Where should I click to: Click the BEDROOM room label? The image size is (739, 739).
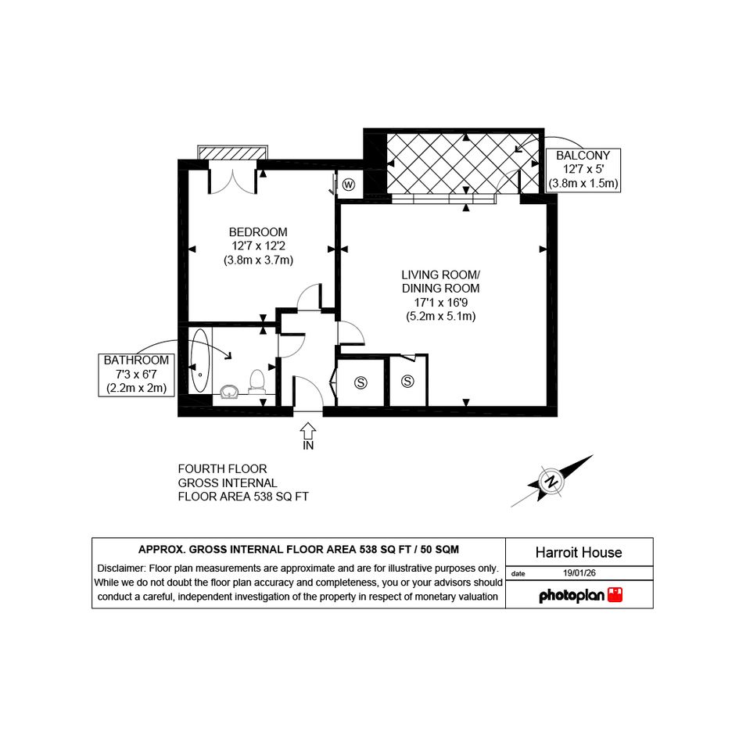[x=258, y=232]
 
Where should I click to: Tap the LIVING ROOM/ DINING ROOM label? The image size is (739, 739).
[x=441, y=282]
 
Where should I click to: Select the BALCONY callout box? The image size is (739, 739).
[x=583, y=170]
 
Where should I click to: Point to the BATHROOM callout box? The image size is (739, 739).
[x=136, y=375]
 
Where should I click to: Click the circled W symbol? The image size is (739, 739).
[x=349, y=185]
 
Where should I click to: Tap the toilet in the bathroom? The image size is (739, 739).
[x=256, y=382]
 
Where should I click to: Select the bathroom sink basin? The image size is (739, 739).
[x=230, y=392]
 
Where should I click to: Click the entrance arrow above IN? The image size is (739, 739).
[x=308, y=431]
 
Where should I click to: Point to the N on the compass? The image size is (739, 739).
[x=551, y=482]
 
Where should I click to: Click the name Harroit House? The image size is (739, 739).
[x=579, y=552]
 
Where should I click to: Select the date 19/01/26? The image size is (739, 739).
[x=579, y=573]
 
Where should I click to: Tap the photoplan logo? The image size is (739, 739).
[x=580, y=595]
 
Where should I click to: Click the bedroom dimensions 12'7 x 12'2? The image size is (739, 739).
[x=258, y=246]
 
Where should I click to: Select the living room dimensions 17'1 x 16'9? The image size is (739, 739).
[x=441, y=302]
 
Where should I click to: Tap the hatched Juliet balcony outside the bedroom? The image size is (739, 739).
[x=233, y=153]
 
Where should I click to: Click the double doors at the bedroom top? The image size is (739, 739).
[x=233, y=181]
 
